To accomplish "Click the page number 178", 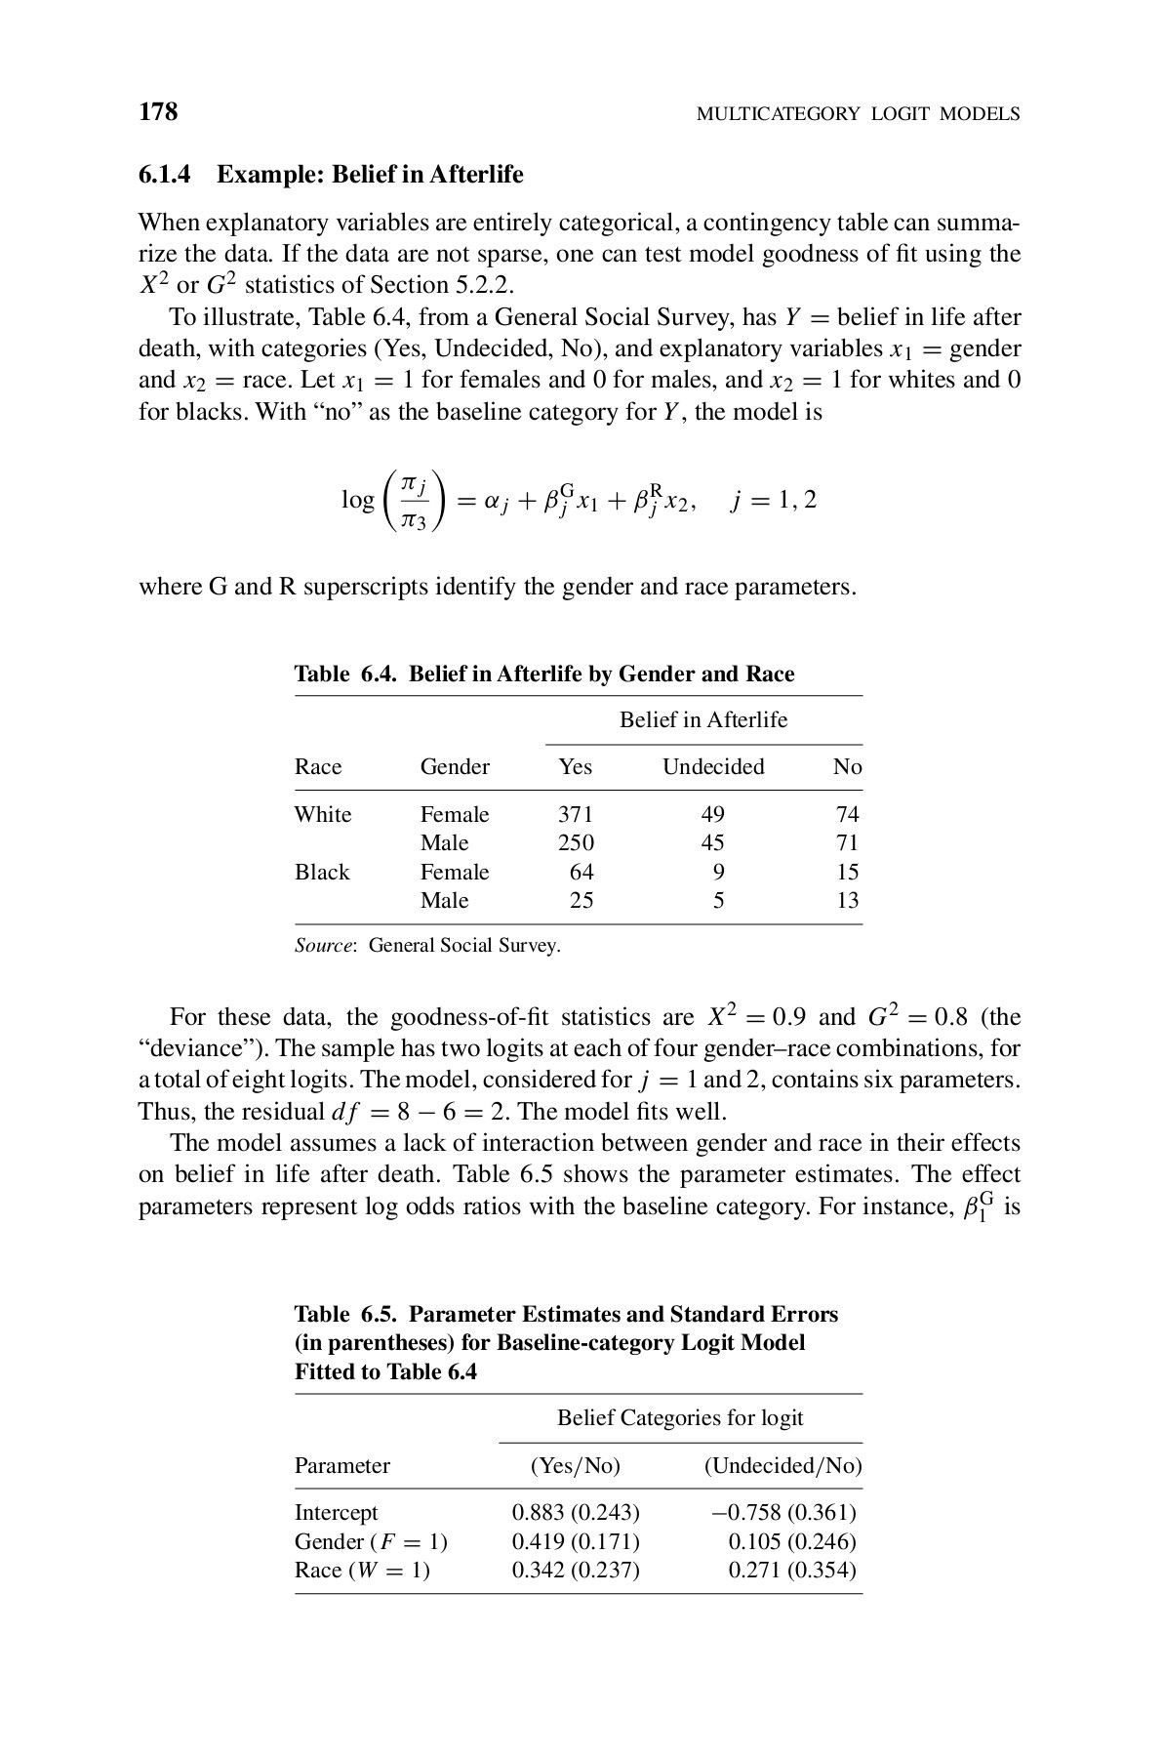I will tap(158, 112).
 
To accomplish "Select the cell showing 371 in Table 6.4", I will tap(575, 814).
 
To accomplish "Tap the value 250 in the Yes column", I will tap(575, 842).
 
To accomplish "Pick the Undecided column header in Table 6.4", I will tap(713, 767).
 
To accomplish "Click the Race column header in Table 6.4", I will tap(318, 767).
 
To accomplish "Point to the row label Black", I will tap(322, 872).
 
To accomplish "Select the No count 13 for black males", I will tap(847, 900).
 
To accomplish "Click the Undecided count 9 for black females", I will tap(718, 872).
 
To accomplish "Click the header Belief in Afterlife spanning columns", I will tap(703, 720).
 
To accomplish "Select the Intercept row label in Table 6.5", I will tap(336, 1513).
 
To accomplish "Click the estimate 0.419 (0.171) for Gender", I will tap(576, 1542).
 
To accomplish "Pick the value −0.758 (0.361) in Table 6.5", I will tap(783, 1513).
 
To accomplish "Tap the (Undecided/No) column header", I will tap(782, 1466).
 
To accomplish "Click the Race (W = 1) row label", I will tap(362, 1571).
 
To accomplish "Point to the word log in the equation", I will tap(357, 500).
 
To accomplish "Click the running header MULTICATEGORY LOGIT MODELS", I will tap(858, 114).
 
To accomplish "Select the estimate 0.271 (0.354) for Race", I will tap(792, 1571).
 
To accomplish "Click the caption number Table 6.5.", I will tap(346, 1314).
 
